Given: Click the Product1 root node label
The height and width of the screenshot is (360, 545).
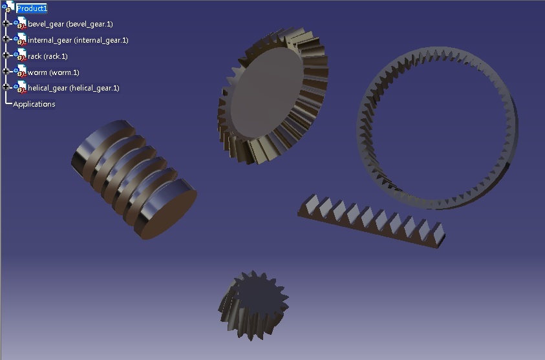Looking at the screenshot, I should [x=32, y=8].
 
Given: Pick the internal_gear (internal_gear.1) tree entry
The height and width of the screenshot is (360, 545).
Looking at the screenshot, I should [x=78, y=40].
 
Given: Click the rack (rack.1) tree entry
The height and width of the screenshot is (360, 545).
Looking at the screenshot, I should [x=47, y=56].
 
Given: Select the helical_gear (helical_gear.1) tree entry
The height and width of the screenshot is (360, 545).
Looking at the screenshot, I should [x=73, y=88].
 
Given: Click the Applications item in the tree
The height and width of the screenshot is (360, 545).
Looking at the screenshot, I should [x=34, y=104].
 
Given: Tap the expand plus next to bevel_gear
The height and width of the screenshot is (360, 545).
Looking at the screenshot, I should [x=6, y=23].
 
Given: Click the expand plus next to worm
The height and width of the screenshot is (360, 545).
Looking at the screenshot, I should [x=6, y=71].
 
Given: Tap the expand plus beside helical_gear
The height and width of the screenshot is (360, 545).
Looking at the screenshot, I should [x=6, y=87].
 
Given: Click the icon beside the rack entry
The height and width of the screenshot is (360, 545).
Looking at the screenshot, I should [x=20, y=56].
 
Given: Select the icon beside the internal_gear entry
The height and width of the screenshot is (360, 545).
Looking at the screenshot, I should [x=20, y=40].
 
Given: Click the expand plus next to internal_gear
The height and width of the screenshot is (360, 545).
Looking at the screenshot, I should [x=6, y=39].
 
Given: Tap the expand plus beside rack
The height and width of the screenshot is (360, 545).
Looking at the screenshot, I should [x=6, y=56].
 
